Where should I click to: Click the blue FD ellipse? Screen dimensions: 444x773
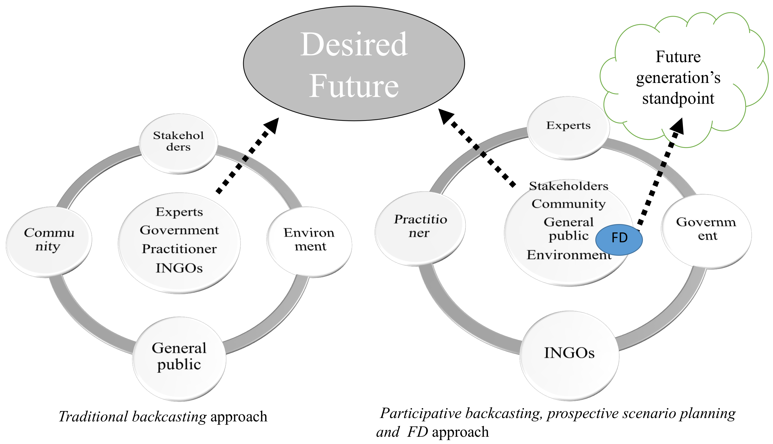click(619, 240)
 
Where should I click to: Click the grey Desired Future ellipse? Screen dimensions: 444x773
click(354, 63)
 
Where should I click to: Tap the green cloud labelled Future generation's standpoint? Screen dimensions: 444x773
click(678, 77)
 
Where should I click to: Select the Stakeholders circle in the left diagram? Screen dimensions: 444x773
click(178, 143)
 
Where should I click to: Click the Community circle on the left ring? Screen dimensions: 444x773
click(49, 242)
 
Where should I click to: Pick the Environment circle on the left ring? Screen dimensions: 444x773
click(310, 242)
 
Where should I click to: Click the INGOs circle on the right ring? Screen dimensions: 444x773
click(569, 355)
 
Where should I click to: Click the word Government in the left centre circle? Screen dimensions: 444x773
click(179, 230)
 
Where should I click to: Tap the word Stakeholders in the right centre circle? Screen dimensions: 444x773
click(569, 186)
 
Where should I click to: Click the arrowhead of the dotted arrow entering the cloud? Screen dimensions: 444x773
click(679, 126)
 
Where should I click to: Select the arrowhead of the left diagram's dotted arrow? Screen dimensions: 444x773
click(272, 125)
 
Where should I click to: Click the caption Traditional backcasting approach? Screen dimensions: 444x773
click(163, 416)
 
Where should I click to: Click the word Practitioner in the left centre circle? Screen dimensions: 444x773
click(179, 249)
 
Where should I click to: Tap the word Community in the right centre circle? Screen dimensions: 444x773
click(569, 204)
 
